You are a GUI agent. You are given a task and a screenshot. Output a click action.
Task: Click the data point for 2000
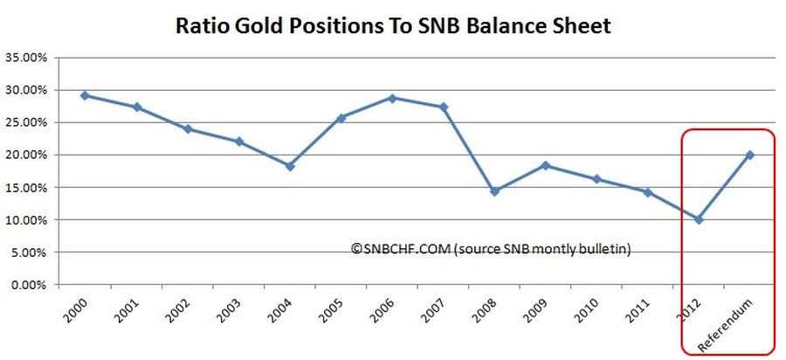pos(85,95)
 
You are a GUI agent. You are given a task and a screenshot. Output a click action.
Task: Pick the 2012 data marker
pos(699,219)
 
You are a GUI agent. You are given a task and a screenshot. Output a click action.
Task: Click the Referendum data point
pos(749,155)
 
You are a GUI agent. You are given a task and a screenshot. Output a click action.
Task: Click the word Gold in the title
pos(277,25)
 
